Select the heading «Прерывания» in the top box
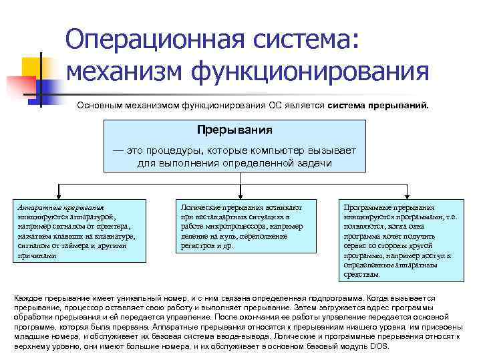[x=239, y=128]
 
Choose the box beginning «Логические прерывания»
[x=241, y=227]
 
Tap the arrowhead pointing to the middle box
[x=240, y=195]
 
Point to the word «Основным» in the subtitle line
[x=98, y=106]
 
